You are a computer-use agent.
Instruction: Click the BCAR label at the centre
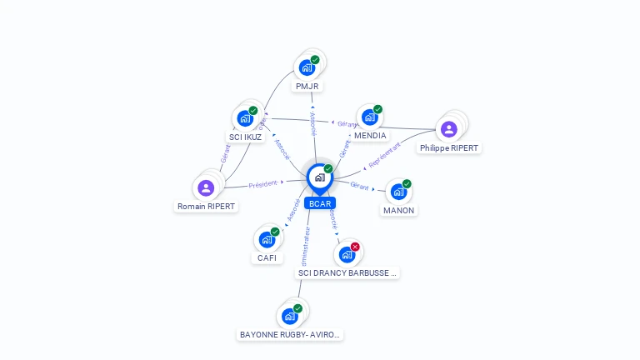coord(319,203)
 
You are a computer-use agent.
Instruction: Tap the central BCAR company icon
coord(319,177)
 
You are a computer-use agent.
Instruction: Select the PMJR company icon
coord(307,67)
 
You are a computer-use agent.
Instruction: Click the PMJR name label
coord(307,86)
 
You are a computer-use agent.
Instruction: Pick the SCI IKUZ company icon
coord(245,118)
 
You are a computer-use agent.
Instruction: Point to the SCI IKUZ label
coord(245,137)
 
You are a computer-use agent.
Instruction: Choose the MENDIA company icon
coord(370,117)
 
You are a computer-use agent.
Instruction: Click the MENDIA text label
coord(370,135)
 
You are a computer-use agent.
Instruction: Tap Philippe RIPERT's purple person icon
coord(449,129)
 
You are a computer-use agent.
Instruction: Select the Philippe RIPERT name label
coord(449,147)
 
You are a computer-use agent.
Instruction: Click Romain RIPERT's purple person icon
coord(206,187)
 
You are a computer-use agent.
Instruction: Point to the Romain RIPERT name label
coord(206,206)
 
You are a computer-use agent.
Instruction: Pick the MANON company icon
coord(398,192)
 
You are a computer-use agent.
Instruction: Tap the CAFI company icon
coord(267,239)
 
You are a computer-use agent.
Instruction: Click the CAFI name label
coord(267,257)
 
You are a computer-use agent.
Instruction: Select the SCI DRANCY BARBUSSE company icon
coord(347,254)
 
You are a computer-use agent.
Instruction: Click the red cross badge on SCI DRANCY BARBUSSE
coord(355,247)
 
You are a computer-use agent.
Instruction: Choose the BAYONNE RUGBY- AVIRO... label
coord(290,334)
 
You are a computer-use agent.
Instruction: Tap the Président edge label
coord(262,183)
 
